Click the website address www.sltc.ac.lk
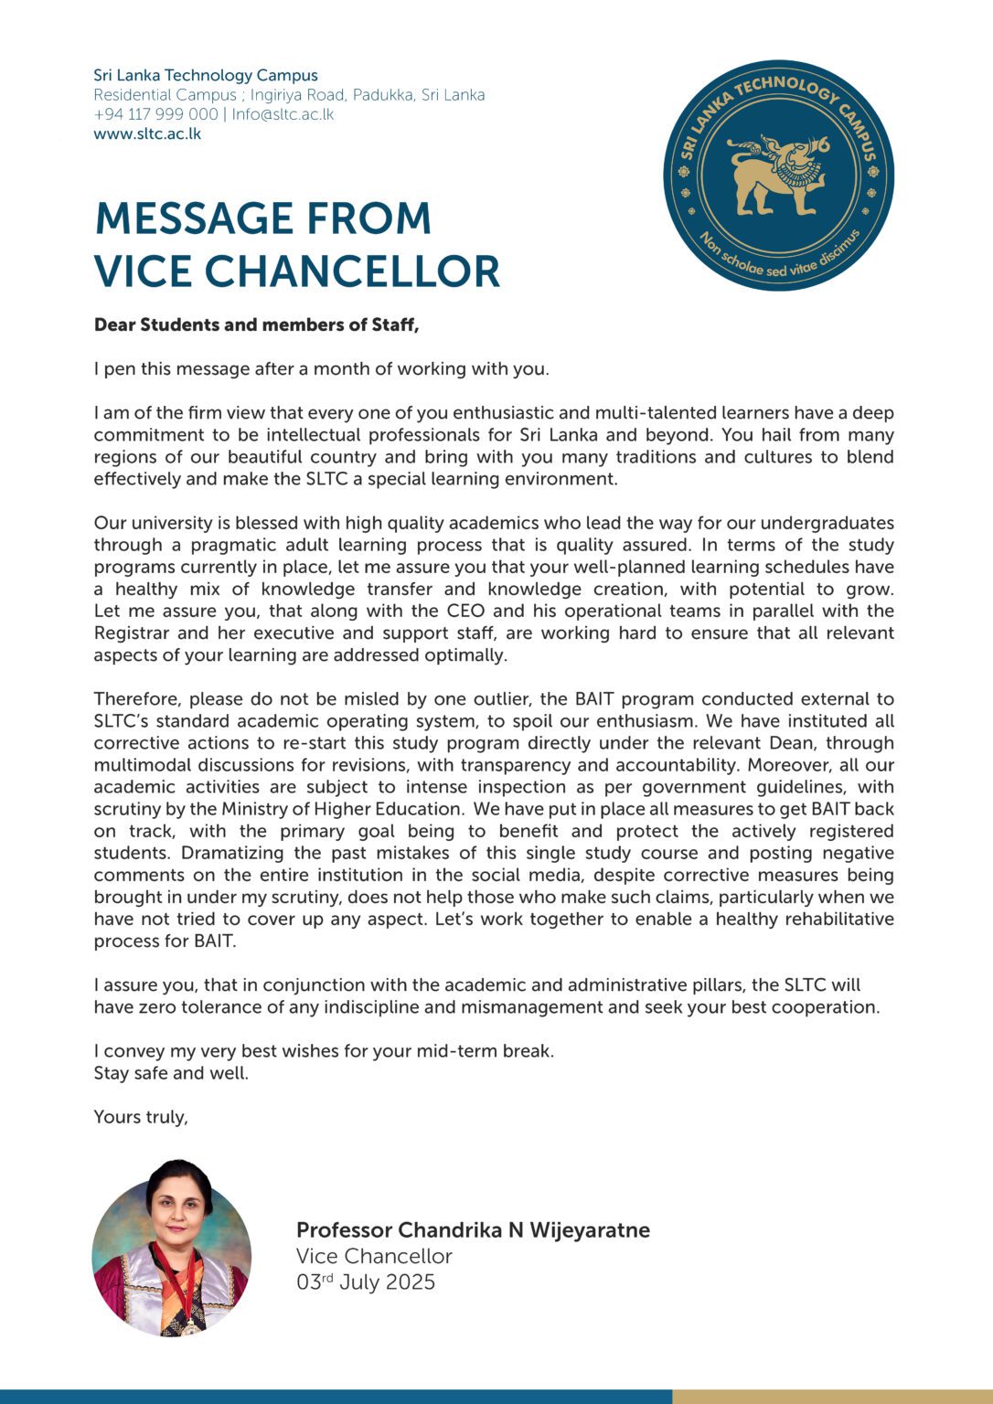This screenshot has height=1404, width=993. tap(147, 133)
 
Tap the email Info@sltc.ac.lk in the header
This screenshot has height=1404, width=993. tap(283, 114)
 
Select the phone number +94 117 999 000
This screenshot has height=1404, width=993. tap(155, 114)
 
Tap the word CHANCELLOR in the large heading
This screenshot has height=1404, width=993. tap(352, 271)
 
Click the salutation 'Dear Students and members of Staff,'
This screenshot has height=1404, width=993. tap(256, 324)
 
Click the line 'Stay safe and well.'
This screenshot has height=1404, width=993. tap(171, 1073)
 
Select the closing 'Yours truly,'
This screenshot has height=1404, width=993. tap(141, 1117)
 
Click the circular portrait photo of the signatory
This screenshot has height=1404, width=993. tap(172, 1249)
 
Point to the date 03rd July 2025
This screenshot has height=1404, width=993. tap(365, 1282)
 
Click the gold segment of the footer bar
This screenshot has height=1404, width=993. tap(832, 1397)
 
